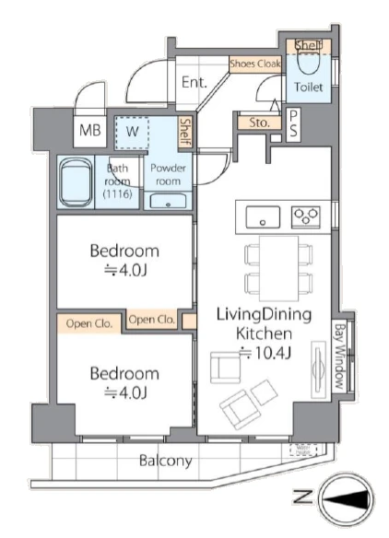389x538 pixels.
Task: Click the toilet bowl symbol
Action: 308,62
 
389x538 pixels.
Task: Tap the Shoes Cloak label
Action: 255,64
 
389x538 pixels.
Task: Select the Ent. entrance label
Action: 194,82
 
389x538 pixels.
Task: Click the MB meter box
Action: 90,131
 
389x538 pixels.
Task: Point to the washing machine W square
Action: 132,133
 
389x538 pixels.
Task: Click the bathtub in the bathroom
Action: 76,182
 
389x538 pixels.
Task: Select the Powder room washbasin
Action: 168,201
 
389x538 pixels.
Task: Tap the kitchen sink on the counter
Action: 263,217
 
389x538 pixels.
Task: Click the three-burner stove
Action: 305,216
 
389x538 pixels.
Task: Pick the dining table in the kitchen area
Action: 278,268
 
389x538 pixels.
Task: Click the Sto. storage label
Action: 260,123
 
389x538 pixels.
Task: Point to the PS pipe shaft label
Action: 293,124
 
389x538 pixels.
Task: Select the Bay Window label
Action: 339,356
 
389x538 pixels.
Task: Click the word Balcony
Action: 166,461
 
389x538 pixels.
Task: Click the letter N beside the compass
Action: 302,497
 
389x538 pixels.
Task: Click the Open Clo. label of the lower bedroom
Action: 89,323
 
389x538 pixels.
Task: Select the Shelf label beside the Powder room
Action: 185,132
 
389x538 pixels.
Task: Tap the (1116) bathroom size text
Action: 118,194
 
